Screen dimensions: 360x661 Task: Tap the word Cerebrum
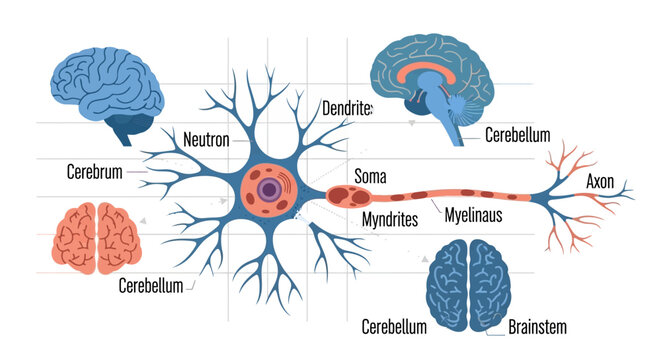coord(94,171)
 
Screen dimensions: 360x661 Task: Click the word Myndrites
coord(389,219)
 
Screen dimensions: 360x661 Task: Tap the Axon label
coord(600,182)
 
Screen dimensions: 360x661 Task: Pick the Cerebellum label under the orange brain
coord(150,286)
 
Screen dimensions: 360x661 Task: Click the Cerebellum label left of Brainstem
coord(394,326)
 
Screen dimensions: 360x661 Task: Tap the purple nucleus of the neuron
coord(267,190)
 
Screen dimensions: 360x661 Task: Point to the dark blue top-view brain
coord(468,281)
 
